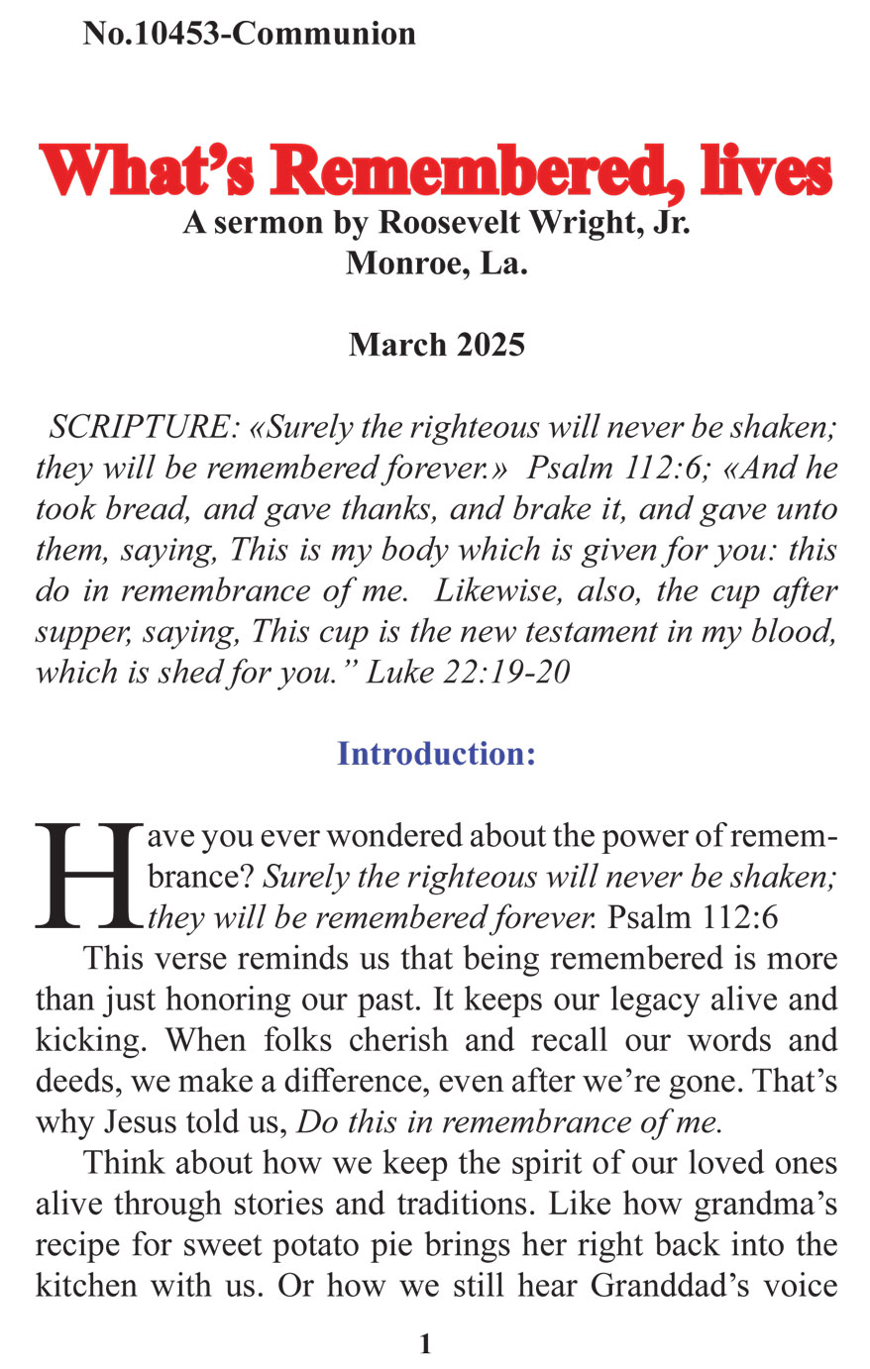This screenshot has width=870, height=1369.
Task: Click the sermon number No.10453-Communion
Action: [250, 34]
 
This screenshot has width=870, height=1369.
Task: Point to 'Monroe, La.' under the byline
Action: [436, 264]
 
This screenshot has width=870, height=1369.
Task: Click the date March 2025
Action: [436, 345]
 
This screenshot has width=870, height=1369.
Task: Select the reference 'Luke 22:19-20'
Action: [468, 672]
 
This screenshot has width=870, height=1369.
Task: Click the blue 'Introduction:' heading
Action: [436, 754]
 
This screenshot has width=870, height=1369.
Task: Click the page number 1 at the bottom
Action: [426, 1344]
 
